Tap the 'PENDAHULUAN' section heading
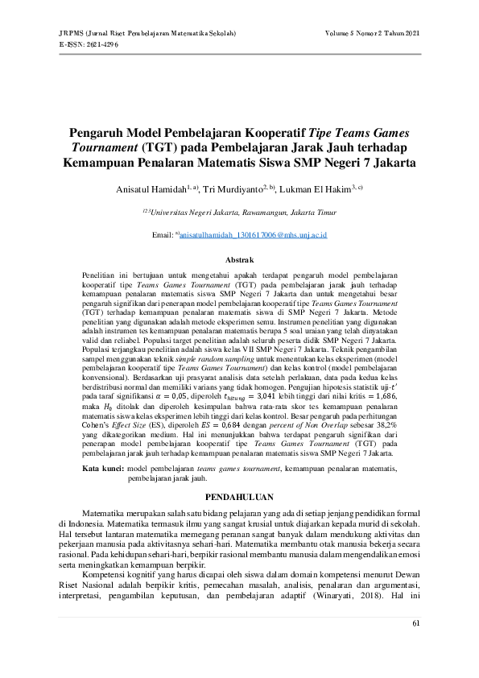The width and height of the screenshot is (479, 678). pos(239,497)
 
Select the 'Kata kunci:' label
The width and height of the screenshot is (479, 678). pos(104,468)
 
